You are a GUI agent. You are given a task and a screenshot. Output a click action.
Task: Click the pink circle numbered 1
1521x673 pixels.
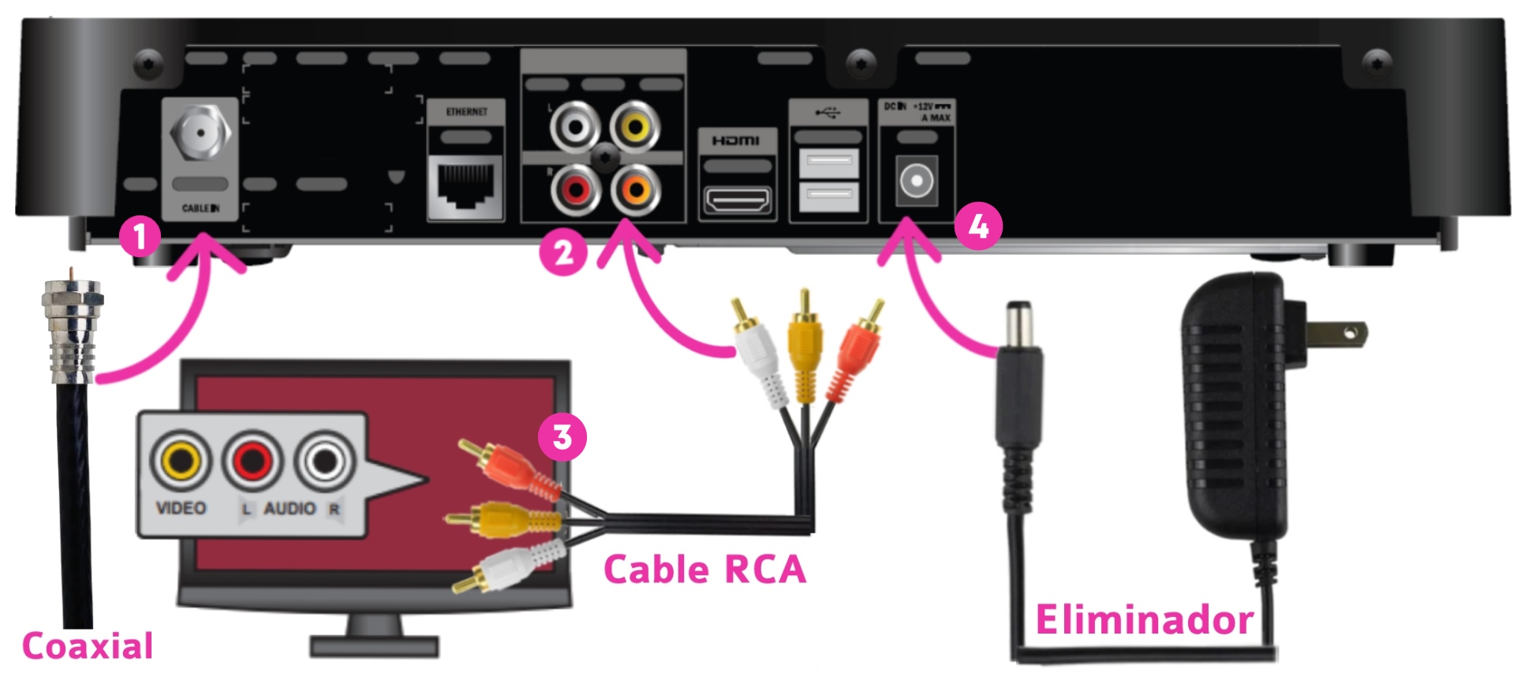click(x=140, y=236)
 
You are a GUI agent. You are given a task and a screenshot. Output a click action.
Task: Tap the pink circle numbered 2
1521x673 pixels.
click(x=562, y=253)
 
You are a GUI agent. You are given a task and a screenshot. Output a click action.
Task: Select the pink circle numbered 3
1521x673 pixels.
click(x=562, y=437)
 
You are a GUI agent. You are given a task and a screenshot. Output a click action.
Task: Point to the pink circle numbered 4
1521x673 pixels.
click(x=978, y=227)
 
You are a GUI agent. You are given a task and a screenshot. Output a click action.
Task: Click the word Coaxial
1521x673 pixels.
click(x=88, y=646)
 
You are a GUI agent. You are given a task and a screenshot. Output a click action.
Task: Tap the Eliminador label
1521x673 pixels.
click(x=1144, y=619)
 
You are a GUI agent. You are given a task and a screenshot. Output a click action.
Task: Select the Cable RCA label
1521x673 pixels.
click(x=704, y=570)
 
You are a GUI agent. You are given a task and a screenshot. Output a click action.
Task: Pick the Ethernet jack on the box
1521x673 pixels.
click(x=465, y=185)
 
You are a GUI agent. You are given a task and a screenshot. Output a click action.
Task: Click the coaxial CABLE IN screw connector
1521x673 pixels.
click(x=200, y=132)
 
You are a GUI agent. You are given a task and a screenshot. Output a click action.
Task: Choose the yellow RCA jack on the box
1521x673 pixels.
click(x=635, y=126)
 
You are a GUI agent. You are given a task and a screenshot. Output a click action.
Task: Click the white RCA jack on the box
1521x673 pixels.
click(x=575, y=126)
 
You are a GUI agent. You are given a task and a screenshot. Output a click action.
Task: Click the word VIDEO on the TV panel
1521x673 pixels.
click(x=181, y=508)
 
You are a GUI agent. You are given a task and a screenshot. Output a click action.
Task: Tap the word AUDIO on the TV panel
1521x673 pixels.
click(x=290, y=508)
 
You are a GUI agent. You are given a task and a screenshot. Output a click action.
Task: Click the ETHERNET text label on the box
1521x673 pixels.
click(x=466, y=112)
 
